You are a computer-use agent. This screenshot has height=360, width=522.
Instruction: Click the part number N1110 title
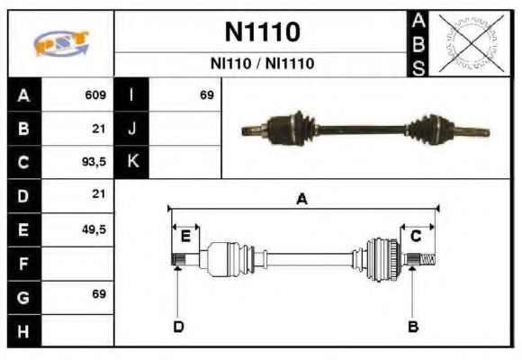pyautogui.click(x=262, y=32)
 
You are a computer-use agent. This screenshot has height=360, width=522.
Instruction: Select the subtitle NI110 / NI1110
pyautogui.click(x=262, y=64)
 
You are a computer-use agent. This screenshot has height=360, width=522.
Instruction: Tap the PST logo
pyautogui.click(x=61, y=43)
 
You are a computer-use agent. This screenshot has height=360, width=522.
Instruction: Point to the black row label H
pyautogui.click(x=23, y=330)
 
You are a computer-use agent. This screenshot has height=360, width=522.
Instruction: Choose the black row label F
pyautogui.click(x=23, y=264)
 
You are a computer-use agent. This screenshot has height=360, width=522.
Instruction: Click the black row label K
pyautogui.click(x=131, y=162)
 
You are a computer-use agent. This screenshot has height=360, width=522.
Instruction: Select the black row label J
pyautogui.click(x=131, y=129)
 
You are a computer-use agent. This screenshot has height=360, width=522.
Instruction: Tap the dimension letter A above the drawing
pyautogui.click(x=302, y=200)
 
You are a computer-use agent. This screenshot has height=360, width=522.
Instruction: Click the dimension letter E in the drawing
pyautogui.click(x=185, y=237)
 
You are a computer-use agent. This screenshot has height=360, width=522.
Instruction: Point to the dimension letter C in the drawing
pyautogui.click(x=417, y=237)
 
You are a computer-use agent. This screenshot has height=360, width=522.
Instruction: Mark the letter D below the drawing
pyautogui.click(x=178, y=326)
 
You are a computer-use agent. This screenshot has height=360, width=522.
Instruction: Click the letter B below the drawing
pyautogui.click(x=412, y=326)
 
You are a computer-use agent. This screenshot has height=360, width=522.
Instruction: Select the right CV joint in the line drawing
pyautogui.click(x=382, y=259)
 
